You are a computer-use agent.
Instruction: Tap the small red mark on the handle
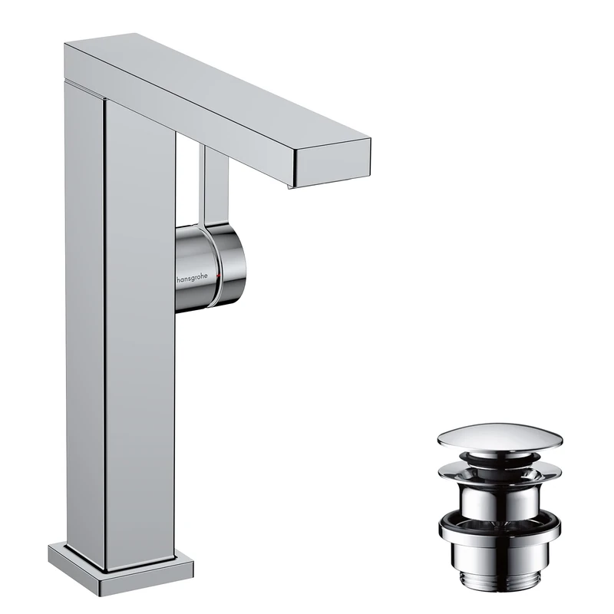click(218, 274)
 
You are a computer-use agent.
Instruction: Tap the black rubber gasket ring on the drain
click(499, 527)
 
